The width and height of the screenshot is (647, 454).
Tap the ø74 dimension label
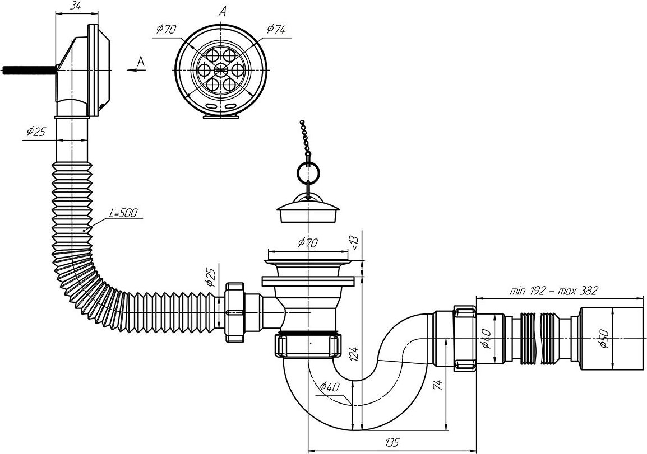[x=275, y=29]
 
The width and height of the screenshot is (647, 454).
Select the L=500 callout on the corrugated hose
[x=123, y=213]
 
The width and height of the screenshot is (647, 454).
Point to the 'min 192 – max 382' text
[x=554, y=291]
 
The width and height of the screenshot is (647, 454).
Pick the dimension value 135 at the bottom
[x=392, y=443]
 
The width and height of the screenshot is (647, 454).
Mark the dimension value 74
[x=438, y=385]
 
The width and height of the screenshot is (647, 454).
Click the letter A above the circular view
[x=223, y=10]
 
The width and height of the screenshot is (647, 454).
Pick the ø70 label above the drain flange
[x=308, y=243]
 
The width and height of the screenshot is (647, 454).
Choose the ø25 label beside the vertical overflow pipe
[x=36, y=132]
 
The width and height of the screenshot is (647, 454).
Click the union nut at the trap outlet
[x=464, y=338]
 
